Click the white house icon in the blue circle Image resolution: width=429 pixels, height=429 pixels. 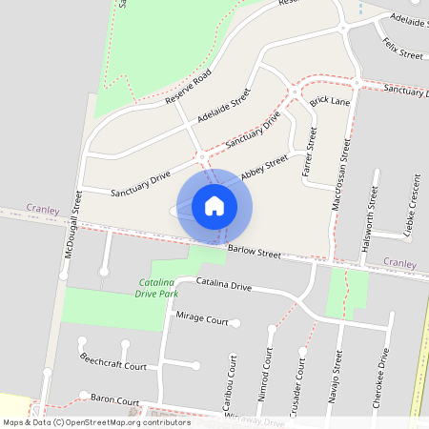(214, 206)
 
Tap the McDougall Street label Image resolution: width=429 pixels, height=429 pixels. (69, 242)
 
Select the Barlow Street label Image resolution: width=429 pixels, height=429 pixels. (255, 252)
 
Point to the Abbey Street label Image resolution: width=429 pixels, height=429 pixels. (264, 168)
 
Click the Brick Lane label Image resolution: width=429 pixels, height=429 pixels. (332, 100)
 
